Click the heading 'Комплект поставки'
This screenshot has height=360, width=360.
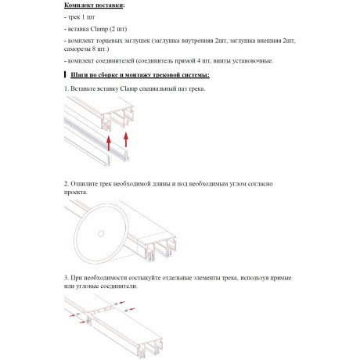coord(93,5)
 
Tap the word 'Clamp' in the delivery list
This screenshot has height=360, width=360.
coord(99,29)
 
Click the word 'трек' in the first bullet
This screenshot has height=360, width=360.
coord(74,17)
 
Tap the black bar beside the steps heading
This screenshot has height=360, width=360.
coord(65,74)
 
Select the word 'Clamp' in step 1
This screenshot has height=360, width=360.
coord(128,88)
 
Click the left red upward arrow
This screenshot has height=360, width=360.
coord(109,143)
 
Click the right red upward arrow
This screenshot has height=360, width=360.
coord(126,139)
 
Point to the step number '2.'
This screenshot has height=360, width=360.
coord(67,184)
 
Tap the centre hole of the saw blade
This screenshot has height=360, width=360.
coord(101,234)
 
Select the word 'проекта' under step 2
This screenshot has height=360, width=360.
coord(75,193)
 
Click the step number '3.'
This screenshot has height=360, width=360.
coord(67,278)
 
